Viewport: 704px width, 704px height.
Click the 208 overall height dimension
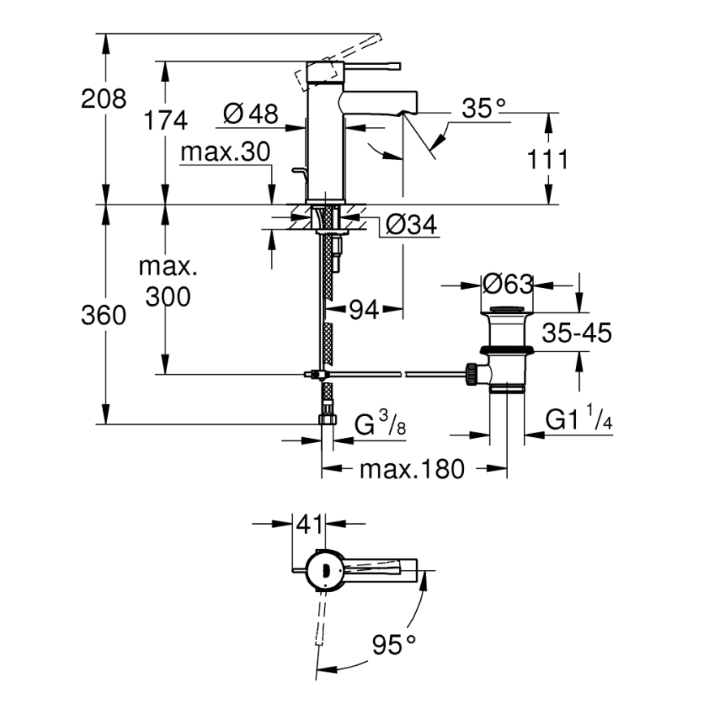(104, 100)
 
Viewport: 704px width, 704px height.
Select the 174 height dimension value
(165, 121)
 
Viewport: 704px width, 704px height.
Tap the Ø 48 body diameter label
(250, 114)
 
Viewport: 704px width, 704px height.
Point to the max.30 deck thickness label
(225, 152)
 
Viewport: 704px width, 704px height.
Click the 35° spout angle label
(483, 108)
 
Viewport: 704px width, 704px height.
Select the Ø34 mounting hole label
(411, 225)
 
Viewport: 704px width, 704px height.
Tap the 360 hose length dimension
(104, 316)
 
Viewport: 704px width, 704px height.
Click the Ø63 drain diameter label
(507, 285)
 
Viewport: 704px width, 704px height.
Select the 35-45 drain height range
(577, 333)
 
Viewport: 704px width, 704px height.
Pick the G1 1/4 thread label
(578, 419)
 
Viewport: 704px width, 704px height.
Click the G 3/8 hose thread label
(380, 424)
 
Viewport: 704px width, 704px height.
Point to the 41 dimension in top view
(308, 525)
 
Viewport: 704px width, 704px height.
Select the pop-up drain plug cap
(507, 309)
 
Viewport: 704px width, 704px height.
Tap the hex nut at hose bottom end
(328, 420)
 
